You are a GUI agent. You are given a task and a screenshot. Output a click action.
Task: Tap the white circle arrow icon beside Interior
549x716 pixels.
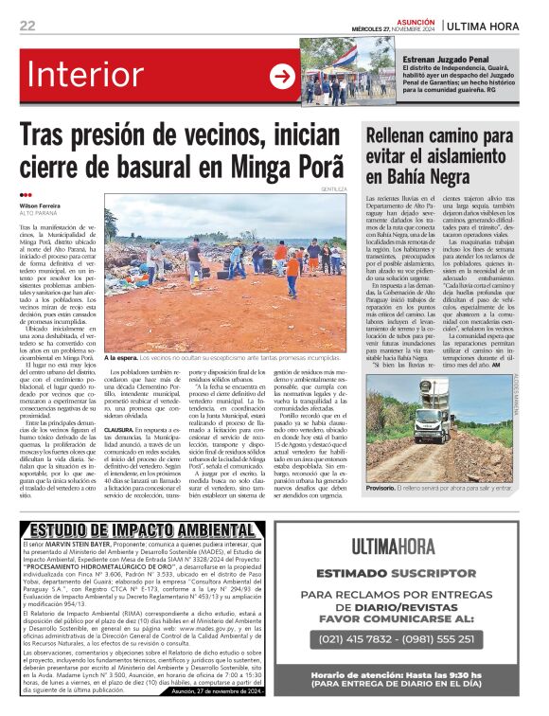(x=282, y=77)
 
